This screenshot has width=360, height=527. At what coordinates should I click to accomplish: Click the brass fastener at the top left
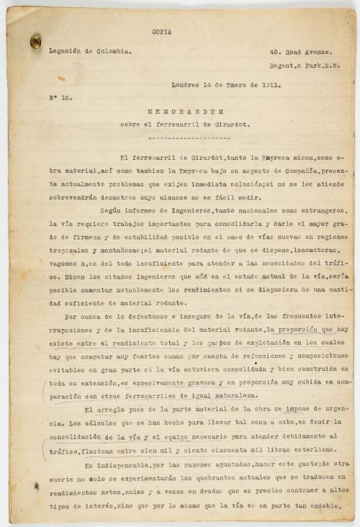tap(35, 42)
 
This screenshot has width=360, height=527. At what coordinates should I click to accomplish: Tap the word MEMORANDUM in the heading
tap(186, 112)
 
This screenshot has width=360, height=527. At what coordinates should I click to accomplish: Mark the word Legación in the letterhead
tap(63, 52)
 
